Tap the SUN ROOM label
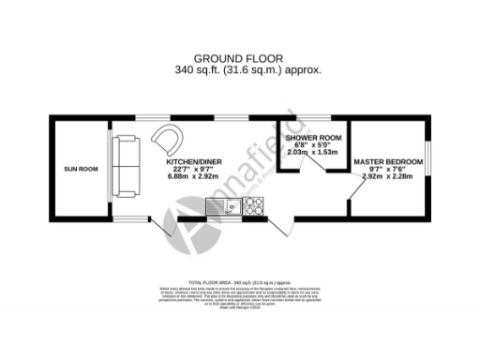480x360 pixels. pos(81,169)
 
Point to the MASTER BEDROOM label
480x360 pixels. pos(388,161)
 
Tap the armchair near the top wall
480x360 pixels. pos(170,139)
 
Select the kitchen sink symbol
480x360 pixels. pos(220,207)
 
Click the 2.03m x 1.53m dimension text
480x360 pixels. pos(309,153)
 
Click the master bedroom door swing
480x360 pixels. pos(354,191)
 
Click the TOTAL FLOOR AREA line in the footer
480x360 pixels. pos(239,281)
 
